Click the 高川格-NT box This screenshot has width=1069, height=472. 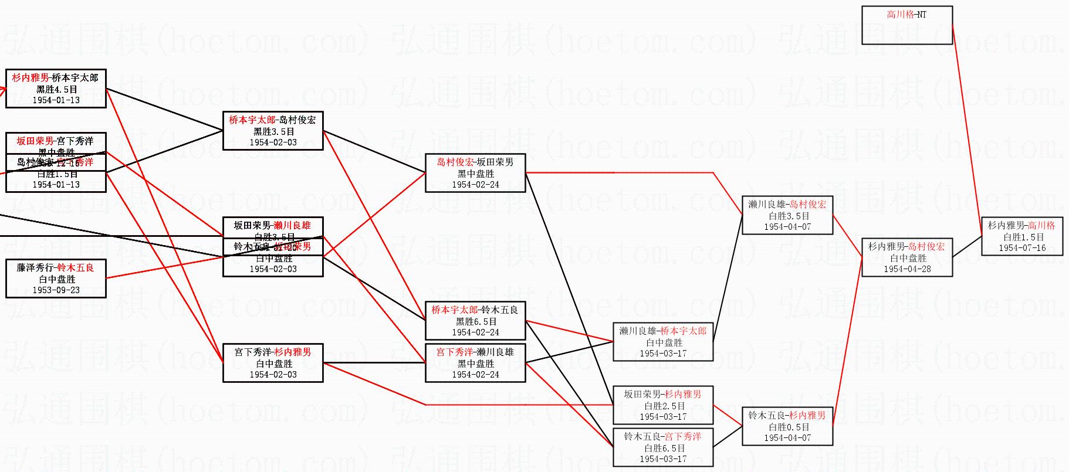[x=906, y=25]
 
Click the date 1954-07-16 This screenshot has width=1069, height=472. [x=1022, y=248]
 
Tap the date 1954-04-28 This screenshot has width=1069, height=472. [x=907, y=269]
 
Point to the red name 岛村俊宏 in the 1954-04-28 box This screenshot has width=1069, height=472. [x=926, y=247]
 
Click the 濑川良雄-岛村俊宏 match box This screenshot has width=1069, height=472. [x=787, y=215]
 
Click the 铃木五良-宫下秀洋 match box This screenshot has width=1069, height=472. [x=663, y=447]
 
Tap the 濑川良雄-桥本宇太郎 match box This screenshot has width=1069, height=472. [x=663, y=342]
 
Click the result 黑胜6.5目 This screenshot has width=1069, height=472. [x=476, y=321]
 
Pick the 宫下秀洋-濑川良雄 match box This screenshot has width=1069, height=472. [x=475, y=363]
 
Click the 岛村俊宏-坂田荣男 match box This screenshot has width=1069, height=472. [x=475, y=173]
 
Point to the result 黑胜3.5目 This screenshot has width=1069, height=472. [x=273, y=132]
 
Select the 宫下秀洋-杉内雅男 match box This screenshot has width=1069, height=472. [x=273, y=363]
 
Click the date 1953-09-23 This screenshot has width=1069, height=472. [x=56, y=290]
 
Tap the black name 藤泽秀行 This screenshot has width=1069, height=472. [x=36, y=268]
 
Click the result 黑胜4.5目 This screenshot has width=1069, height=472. [x=56, y=90]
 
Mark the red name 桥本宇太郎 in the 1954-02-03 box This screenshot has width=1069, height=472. [x=252, y=120]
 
